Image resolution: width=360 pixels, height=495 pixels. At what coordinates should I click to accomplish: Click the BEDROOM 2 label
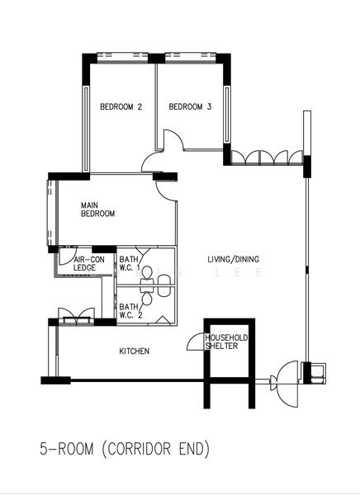tap(121, 106)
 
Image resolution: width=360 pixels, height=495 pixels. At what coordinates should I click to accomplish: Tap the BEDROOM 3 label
tap(191, 106)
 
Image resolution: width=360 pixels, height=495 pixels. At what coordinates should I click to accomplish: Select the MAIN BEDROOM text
tap(97, 209)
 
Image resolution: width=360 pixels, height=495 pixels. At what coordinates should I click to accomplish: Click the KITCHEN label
tap(135, 351)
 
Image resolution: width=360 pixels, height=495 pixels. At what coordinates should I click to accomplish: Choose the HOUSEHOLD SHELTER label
tap(226, 342)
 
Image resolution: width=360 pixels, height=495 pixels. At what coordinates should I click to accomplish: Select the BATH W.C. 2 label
tap(129, 310)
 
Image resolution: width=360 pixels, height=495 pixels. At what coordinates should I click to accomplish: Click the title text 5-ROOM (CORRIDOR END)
tap(125, 450)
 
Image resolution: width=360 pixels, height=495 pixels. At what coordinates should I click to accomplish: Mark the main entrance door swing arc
tap(288, 381)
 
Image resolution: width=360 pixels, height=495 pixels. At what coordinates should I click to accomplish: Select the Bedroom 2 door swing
tap(154, 162)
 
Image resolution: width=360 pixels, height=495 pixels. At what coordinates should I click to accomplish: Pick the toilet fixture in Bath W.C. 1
tap(148, 271)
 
